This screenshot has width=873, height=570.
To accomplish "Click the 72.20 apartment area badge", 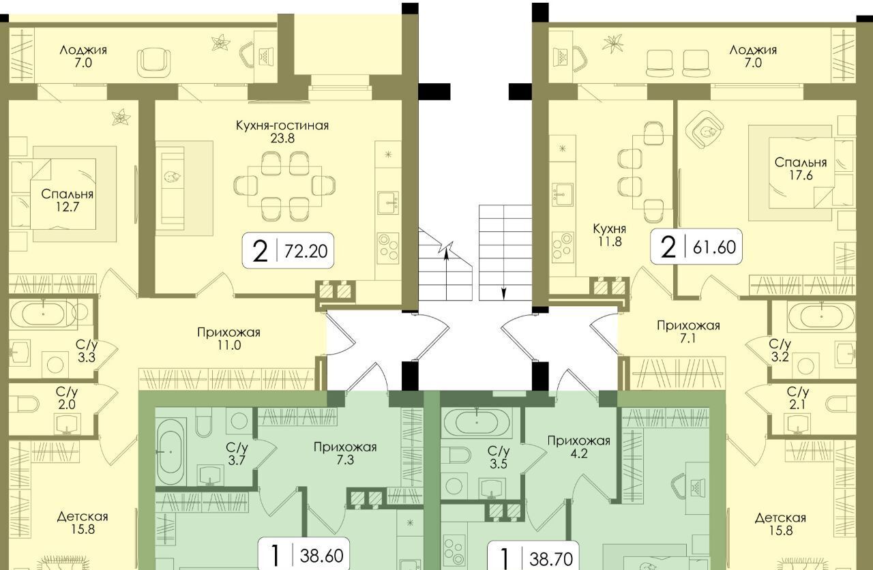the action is click(x=288, y=250).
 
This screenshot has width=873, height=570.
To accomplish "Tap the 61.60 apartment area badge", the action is click(x=696, y=246).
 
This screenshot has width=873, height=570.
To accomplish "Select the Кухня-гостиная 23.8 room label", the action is click(x=282, y=132).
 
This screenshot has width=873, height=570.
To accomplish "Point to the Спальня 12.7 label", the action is click(x=67, y=200).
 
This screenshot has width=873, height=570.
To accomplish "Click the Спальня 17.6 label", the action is click(x=801, y=168).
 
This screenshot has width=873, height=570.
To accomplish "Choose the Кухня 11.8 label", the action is click(x=610, y=235).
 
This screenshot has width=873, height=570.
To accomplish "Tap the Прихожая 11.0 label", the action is click(x=228, y=339).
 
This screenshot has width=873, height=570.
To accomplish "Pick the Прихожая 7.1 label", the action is click(x=688, y=331).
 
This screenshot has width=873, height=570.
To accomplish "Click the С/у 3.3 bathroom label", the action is click(x=87, y=351).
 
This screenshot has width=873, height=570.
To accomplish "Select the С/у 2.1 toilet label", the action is click(x=798, y=398).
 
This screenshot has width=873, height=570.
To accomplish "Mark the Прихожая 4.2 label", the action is click(x=579, y=447).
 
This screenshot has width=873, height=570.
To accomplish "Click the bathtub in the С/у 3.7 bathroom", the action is click(x=171, y=452).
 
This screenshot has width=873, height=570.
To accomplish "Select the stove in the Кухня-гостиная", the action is click(x=388, y=247).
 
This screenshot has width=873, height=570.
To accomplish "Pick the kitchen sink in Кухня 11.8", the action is click(x=563, y=195).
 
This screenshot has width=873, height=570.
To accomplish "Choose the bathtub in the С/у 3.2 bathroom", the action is click(x=823, y=316).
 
